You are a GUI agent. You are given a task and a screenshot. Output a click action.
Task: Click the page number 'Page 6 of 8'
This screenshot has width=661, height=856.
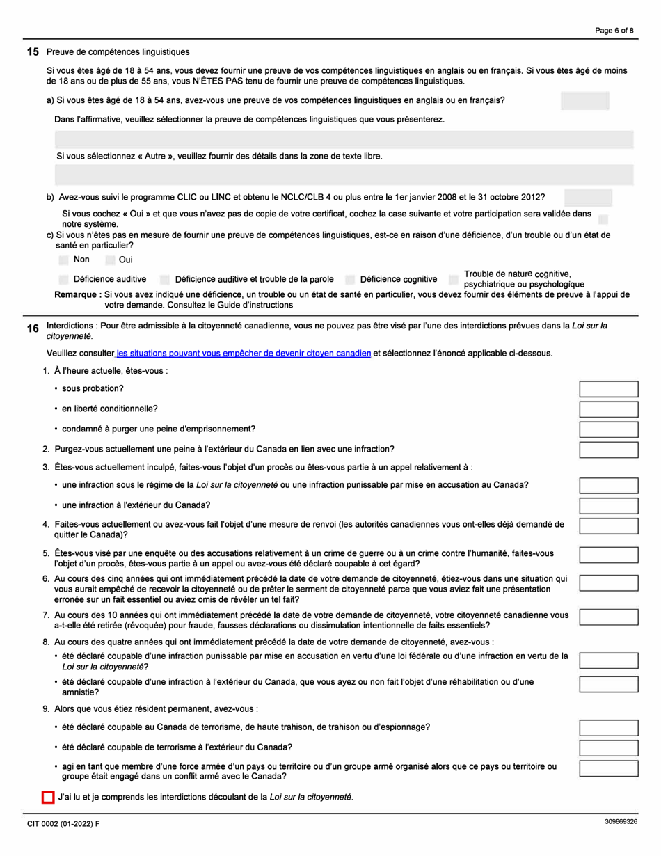tap(614, 30)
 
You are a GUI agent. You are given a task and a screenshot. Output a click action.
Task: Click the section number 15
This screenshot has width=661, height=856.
tap(32, 52)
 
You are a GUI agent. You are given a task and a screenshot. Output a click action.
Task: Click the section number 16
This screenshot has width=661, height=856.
tap(32, 328)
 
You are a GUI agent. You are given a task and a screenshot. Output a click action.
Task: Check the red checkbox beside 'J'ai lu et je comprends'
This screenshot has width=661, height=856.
tap(48, 797)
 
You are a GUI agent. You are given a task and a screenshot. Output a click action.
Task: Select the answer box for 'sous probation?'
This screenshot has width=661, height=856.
tap(604, 389)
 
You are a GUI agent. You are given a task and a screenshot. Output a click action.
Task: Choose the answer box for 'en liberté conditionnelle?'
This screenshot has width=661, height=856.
tap(604, 409)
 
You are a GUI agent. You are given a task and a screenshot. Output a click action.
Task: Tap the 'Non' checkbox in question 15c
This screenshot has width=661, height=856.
tap(64, 260)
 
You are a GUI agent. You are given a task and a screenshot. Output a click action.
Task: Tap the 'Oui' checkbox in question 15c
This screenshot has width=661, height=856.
tap(110, 260)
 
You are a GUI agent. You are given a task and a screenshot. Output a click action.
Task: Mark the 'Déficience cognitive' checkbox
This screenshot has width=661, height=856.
tap(350, 279)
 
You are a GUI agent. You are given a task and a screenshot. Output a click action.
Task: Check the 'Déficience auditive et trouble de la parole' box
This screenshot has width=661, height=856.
tap(164, 279)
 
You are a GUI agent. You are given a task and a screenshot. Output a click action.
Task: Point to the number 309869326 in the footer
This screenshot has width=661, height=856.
tap(621, 822)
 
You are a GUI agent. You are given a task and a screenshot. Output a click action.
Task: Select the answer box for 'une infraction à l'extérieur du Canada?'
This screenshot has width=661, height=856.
tap(604, 505)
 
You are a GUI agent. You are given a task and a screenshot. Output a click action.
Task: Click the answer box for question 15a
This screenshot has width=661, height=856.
tap(584, 101)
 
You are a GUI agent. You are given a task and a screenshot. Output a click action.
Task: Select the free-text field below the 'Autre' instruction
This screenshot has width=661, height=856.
tap(344, 175)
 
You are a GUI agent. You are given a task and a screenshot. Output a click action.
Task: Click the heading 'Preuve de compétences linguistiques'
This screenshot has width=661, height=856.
tap(118, 52)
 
